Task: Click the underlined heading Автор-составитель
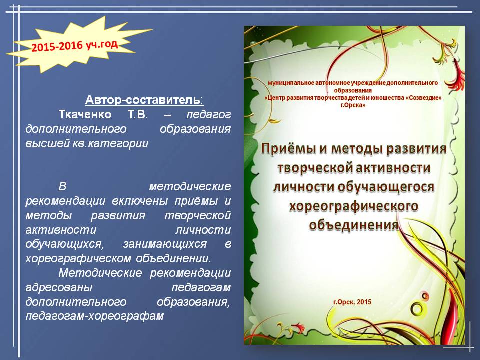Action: tap(144, 100)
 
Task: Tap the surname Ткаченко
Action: tap(85, 115)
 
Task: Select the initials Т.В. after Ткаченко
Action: tap(138, 115)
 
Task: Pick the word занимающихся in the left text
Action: tap(164, 244)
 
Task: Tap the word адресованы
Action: tap(59, 288)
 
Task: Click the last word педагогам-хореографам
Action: tap(95, 316)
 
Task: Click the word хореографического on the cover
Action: tap(354, 206)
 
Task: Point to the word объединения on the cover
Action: tap(354, 225)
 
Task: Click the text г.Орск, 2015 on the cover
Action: tap(352, 302)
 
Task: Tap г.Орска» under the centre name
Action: tap(353, 105)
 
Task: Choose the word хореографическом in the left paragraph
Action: tap(79, 258)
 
